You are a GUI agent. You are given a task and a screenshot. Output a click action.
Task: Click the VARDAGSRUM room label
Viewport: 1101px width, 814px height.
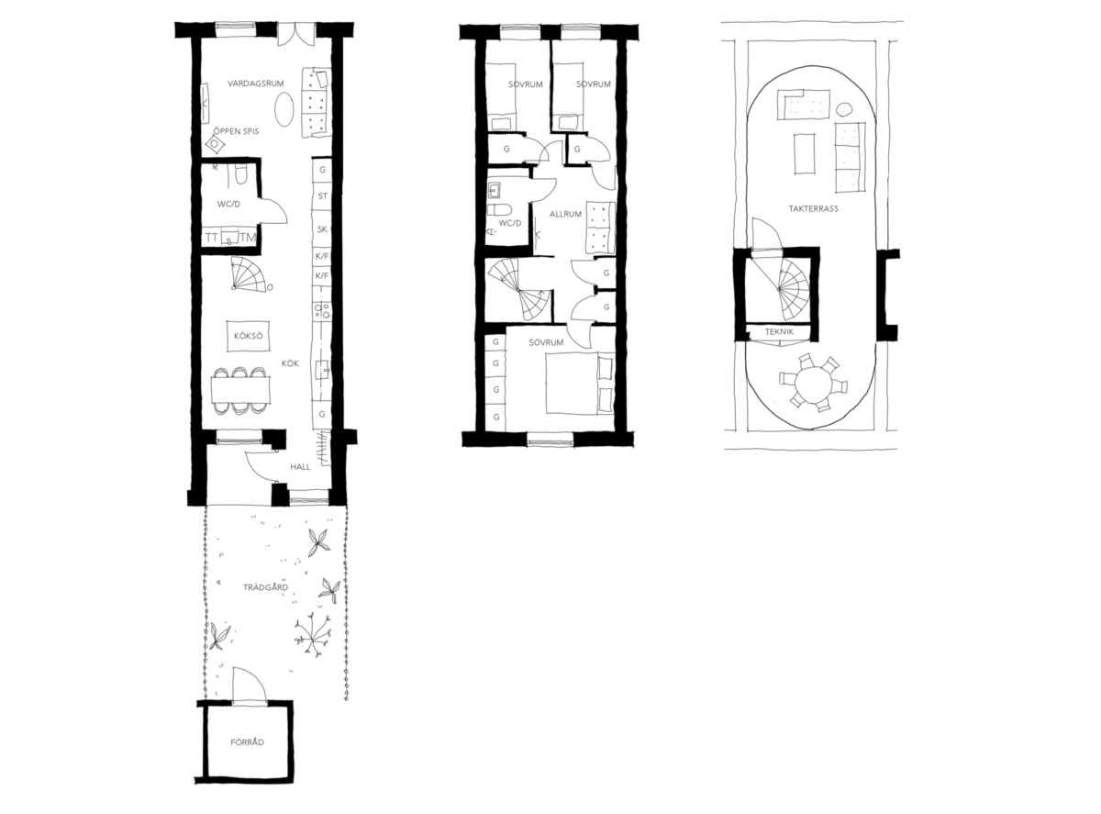coord(256,84)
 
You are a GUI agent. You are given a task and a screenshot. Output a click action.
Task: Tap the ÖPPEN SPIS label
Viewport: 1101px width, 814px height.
coord(236,131)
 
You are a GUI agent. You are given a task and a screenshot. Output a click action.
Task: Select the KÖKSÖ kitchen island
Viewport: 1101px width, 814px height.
coord(249,336)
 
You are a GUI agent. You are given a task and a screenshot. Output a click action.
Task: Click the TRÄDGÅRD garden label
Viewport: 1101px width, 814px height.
coord(265,587)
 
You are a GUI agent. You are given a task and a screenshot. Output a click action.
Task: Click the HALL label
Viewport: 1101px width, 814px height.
coord(300,467)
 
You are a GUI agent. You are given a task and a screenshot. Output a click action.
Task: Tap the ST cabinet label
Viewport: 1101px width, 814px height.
coord(323,196)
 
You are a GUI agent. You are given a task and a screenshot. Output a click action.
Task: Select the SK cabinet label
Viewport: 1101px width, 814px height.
coord(323,229)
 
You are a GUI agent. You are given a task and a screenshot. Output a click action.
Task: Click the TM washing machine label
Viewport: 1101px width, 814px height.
coord(248,238)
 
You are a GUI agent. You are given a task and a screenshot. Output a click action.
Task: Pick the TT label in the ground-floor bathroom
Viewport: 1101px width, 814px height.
coord(211,238)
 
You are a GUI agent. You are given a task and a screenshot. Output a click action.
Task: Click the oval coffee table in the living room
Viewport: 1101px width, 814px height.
coord(284,110)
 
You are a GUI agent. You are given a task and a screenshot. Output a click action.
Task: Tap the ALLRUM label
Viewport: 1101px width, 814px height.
coord(565,215)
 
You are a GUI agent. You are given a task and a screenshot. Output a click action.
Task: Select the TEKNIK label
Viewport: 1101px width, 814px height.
coord(779,332)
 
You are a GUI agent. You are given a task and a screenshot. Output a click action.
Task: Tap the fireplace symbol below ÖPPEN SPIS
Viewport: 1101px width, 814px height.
coord(216,144)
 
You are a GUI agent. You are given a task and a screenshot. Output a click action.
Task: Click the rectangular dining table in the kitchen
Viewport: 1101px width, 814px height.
coord(240,390)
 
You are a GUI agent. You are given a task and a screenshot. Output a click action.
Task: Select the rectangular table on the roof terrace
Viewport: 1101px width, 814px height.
coord(805,154)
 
